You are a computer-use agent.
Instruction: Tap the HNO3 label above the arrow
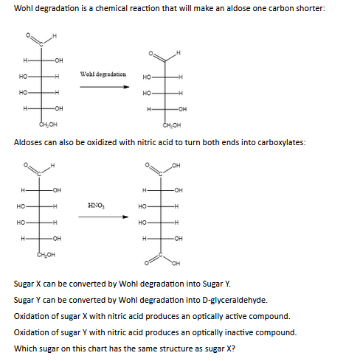[96, 203]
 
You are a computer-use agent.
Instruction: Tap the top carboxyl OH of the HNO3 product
[176, 165]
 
